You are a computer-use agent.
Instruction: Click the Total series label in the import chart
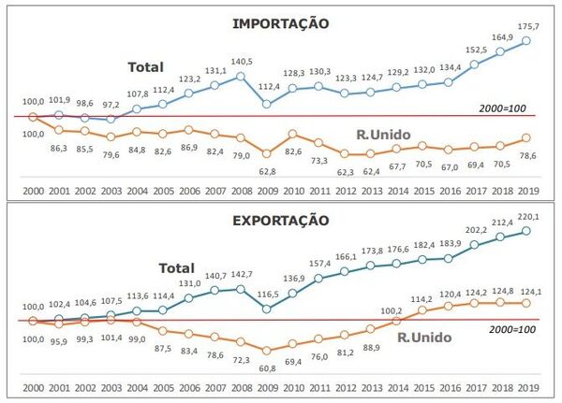[x=146, y=67]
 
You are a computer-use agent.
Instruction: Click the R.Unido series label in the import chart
[x=384, y=136]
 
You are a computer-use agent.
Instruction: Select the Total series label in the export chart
[x=176, y=267]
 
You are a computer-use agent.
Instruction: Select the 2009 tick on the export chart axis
[x=269, y=388]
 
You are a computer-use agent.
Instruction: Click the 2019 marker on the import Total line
[x=527, y=40]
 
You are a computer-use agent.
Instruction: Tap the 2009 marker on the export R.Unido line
[x=269, y=351]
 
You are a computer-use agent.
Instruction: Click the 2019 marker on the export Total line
[x=527, y=232]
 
